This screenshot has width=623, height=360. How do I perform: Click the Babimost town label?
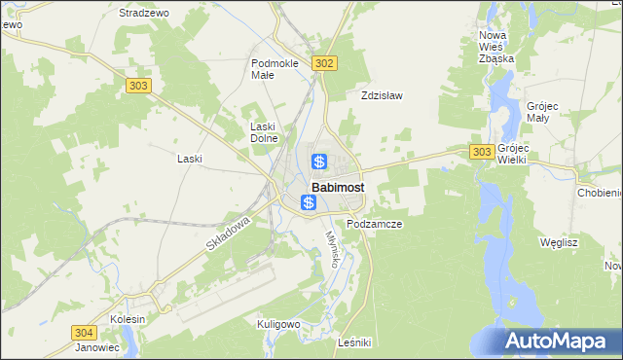(338, 188)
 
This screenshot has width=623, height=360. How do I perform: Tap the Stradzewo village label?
(143, 13)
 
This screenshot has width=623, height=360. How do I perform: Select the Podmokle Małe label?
(275, 68)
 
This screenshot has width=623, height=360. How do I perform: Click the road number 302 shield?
(325, 63)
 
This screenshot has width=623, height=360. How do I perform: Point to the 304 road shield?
(84, 332)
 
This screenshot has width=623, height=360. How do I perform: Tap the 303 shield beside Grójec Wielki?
(481, 152)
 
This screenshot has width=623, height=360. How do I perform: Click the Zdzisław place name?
(382, 95)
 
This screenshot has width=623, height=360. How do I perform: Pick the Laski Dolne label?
(265, 132)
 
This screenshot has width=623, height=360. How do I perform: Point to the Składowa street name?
(229, 235)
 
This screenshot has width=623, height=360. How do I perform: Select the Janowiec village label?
(96, 346)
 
